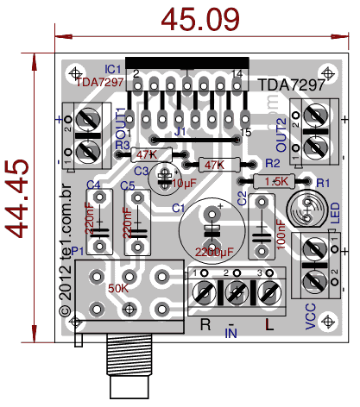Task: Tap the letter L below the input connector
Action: tap(269, 325)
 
